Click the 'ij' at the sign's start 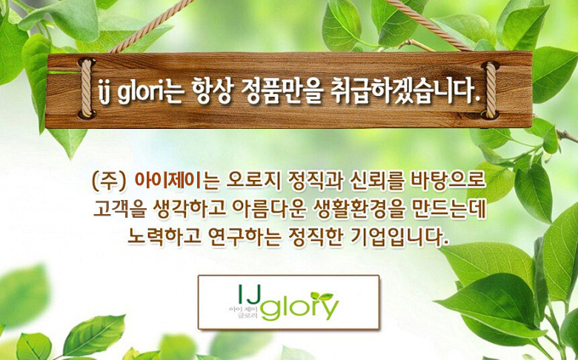(104, 92)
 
